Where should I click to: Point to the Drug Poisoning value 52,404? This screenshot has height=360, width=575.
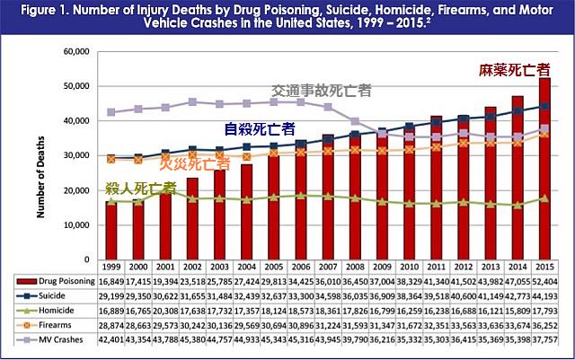coord(544,281)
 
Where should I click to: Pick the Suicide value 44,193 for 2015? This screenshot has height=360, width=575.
coord(544,296)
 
